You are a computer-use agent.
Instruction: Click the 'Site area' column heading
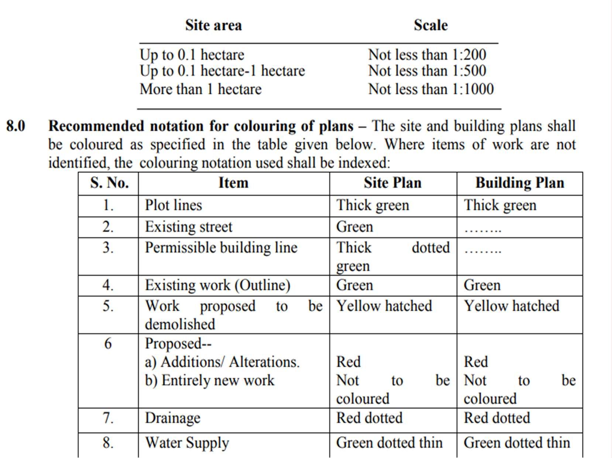213,25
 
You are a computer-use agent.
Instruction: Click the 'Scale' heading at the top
430,25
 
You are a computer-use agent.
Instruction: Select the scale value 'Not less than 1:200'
427,55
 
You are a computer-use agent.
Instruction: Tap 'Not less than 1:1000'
430,89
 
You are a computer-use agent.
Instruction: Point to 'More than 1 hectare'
200,89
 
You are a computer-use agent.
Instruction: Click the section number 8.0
16,126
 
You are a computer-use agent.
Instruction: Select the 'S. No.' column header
109,183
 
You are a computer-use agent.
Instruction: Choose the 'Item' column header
233,183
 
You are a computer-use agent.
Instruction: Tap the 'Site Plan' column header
392,183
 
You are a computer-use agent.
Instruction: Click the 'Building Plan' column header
519,183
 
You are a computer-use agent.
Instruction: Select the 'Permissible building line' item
221,248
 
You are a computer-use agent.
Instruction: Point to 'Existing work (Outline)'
217,285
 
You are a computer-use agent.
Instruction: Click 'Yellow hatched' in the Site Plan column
384,306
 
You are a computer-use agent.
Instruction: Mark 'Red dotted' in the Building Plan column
496,418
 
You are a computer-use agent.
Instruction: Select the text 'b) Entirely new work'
209,381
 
